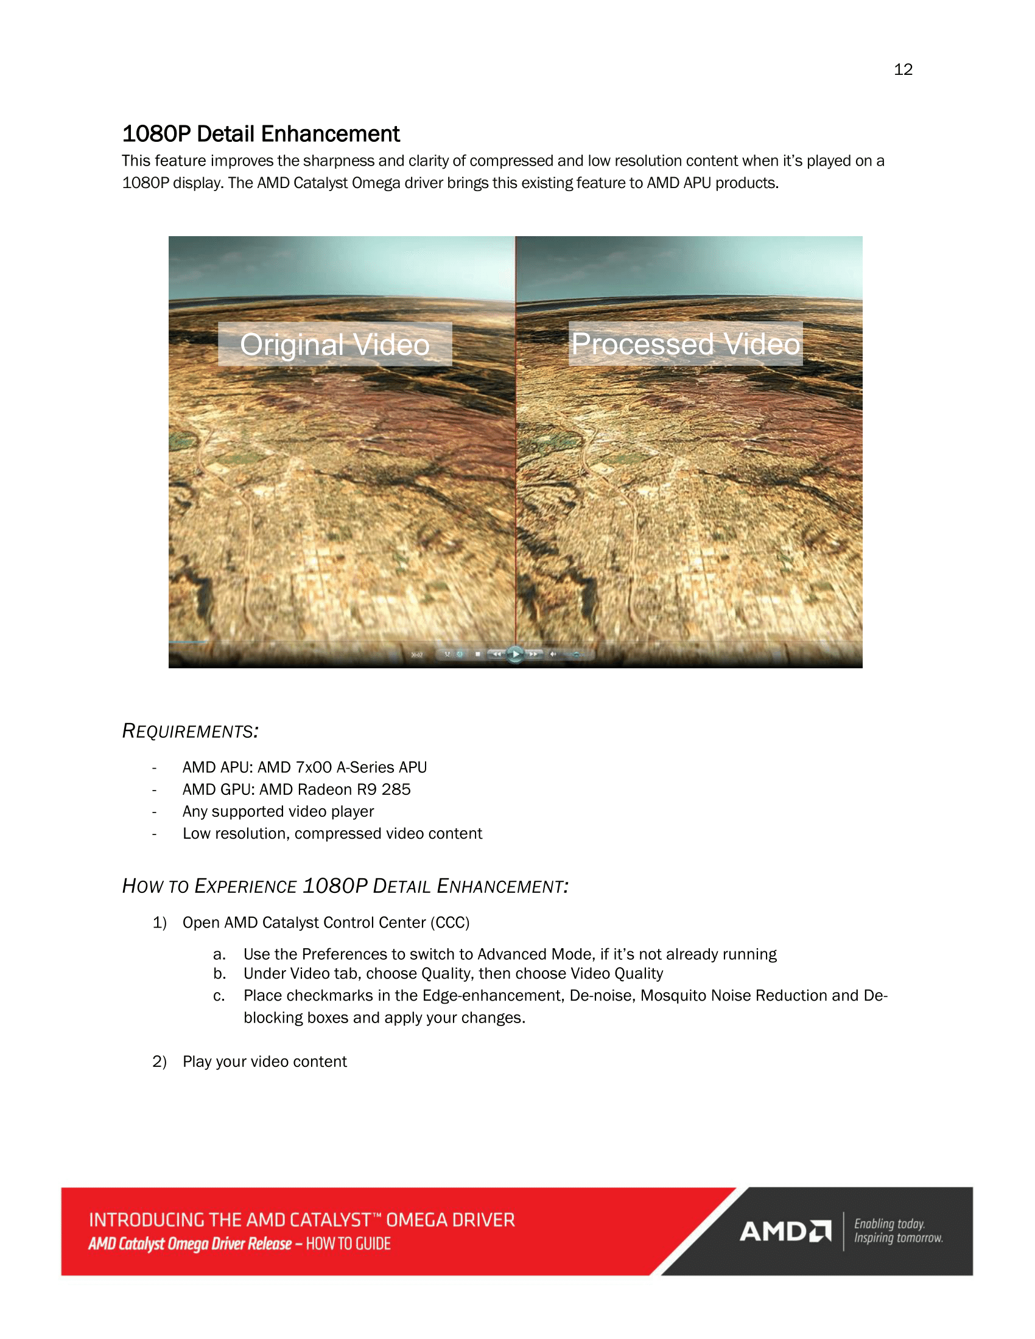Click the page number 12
[x=902, y=69]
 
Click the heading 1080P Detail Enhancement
[x=261, y=134]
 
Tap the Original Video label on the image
[x=335, y=344]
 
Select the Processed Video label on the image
[x=686, y=344]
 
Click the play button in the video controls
[x=516, y=654]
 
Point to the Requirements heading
[x=190, y=731]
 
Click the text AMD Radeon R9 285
[x=335, y=789]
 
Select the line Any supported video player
[x=278, y=812]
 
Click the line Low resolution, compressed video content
[x=332, y=834]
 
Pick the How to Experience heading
[x=345, y=886]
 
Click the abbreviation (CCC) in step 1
[x=449, y=923]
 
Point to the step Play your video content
[x=264, y=1062]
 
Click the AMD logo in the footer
[x=785, y=1231]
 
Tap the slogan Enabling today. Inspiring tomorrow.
[x=897, y=1231]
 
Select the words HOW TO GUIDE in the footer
[x=348, y=1244]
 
